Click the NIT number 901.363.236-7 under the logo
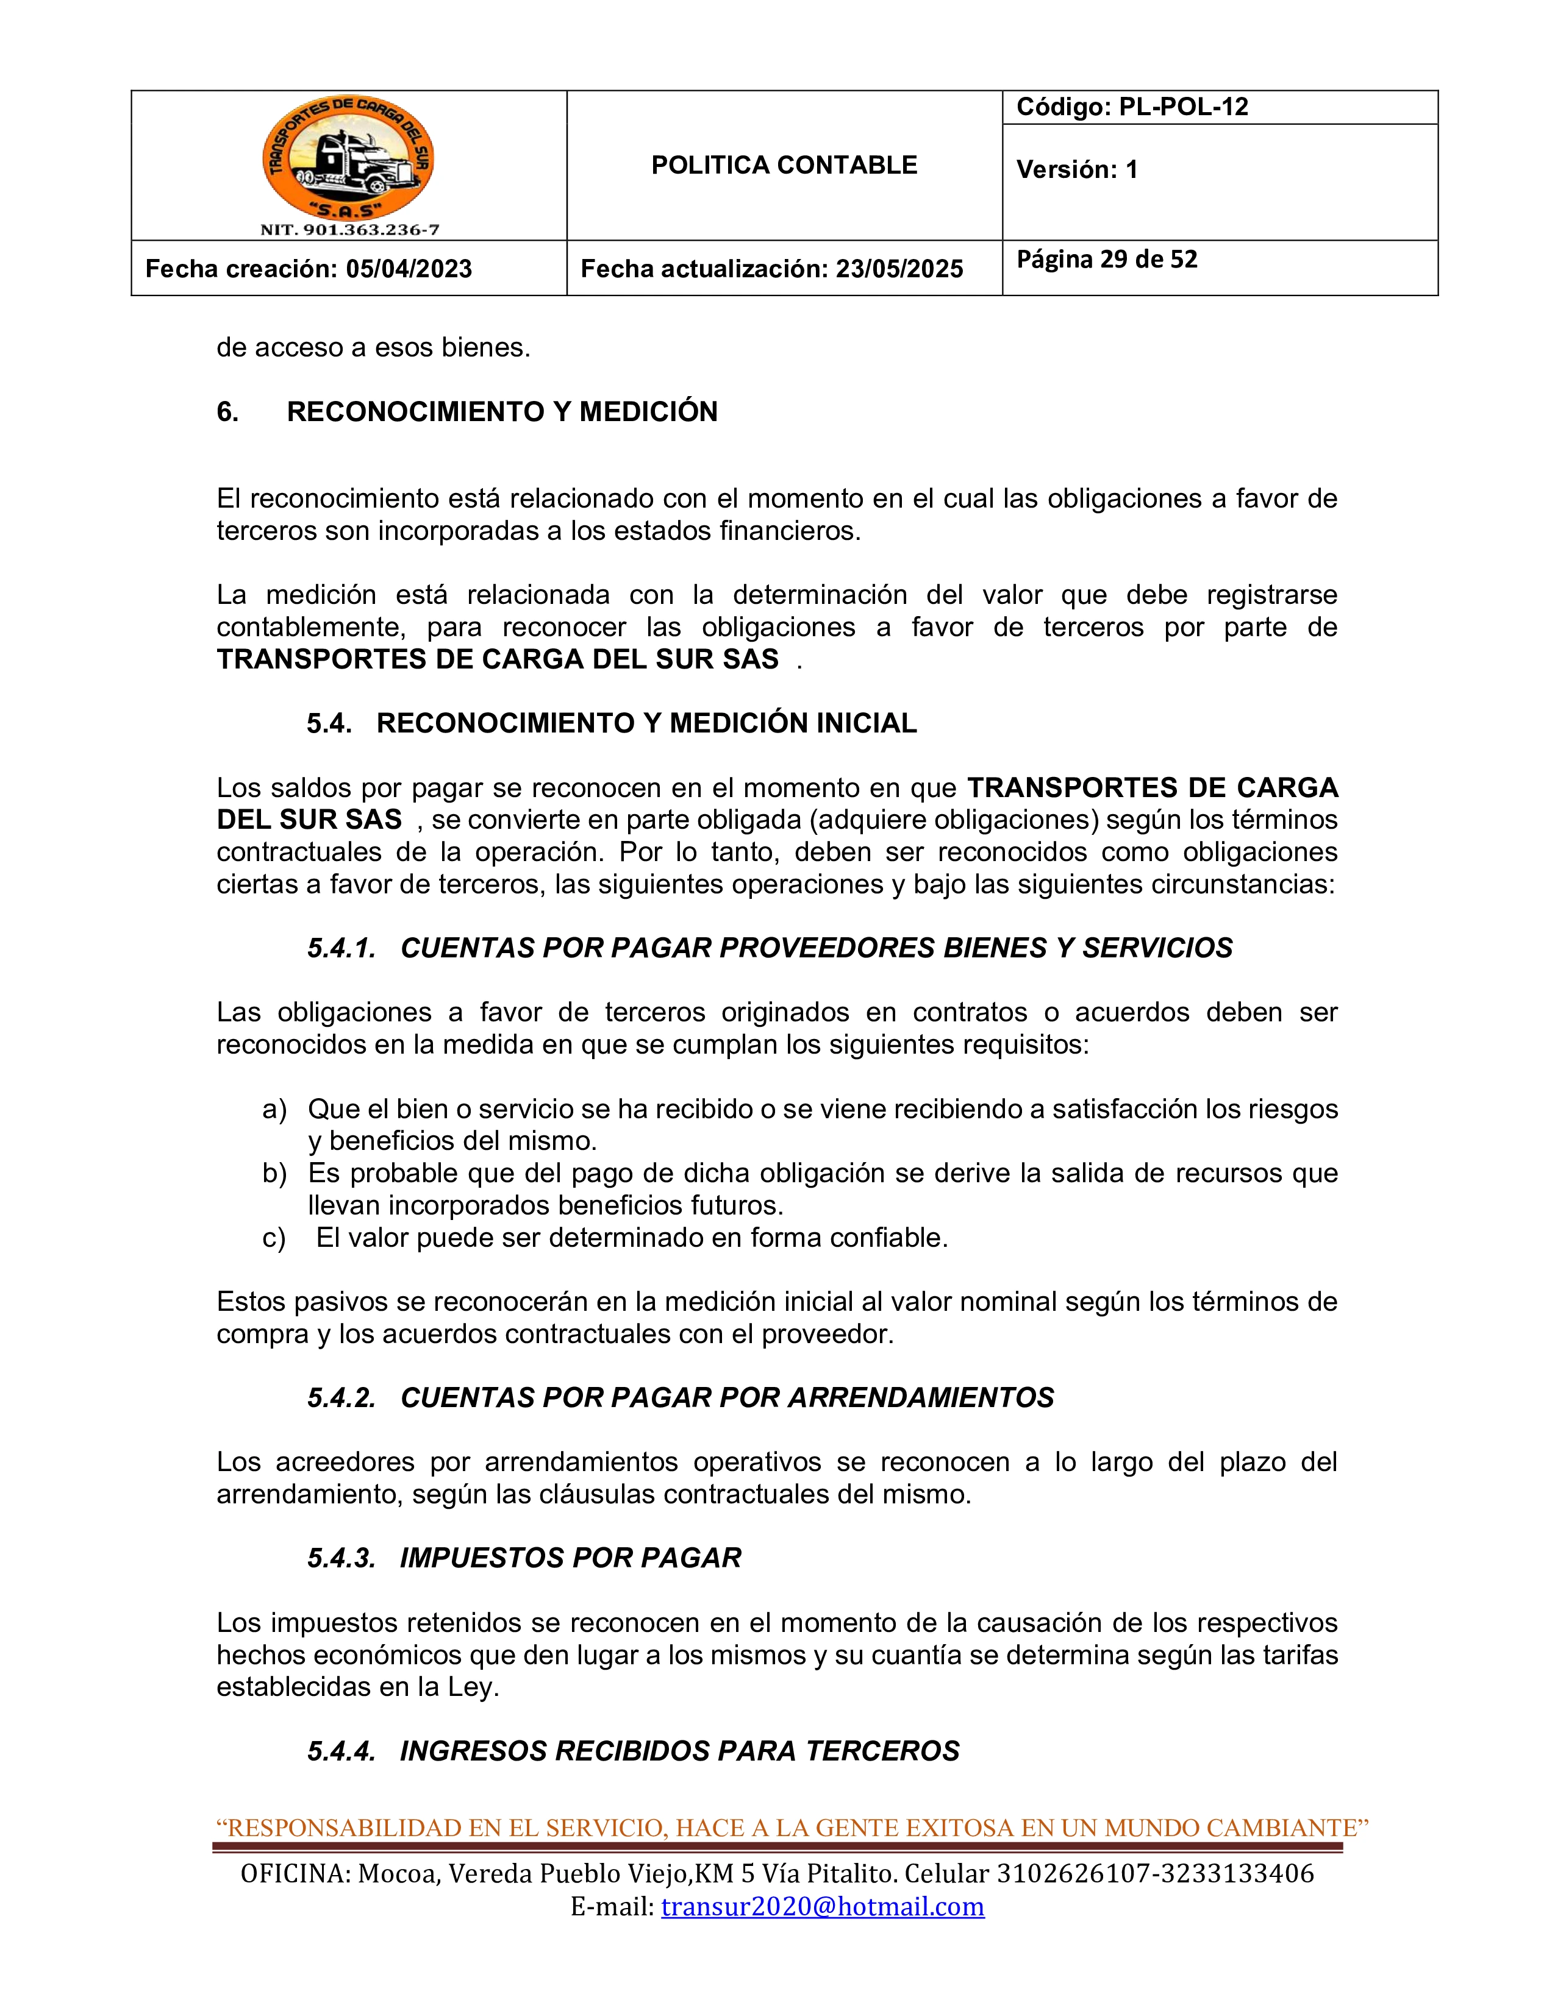coord(349,230)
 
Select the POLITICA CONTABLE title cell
coord(784,166)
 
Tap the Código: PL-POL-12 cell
coord(1132,107)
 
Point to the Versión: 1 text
coord(1077,169)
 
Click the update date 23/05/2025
coord(899,269)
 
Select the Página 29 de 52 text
coord(1106,260)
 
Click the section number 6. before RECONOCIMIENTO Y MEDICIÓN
coord(227,411)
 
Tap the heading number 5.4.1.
coord(341,948)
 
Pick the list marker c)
coord(274,1238)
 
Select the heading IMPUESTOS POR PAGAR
coord(570,1558)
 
